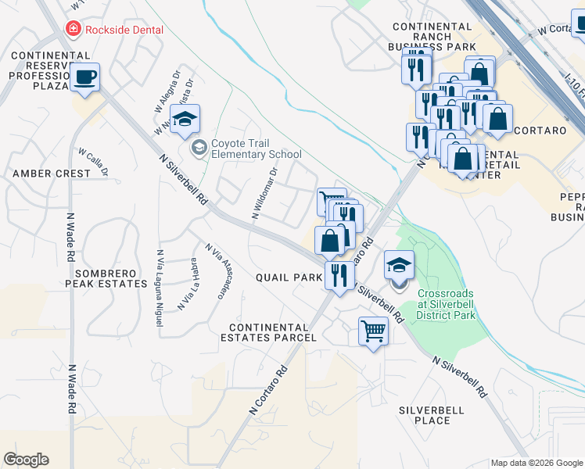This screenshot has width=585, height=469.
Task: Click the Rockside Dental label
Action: [124, 30]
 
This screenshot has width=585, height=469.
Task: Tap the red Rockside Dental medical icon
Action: [73, 29]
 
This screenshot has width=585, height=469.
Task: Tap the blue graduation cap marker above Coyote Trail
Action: [185, 120]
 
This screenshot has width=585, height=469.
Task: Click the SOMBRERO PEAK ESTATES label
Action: [112, 278]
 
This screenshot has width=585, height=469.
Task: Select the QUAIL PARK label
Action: [289, 277]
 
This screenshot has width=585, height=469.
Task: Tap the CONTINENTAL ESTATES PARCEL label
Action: [268, 332]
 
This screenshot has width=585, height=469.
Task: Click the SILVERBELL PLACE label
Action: [432, 415]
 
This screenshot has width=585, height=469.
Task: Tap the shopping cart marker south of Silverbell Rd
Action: [373, 332]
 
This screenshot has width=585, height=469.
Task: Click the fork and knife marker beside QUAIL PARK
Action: [339, 275]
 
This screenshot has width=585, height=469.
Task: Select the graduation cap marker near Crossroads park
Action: [399, 266]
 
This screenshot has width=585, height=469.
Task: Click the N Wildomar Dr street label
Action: [264, 193]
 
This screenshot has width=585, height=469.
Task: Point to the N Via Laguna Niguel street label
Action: [159, 277]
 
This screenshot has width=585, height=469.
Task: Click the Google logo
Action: [26, 460]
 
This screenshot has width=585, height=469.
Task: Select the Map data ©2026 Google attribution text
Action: [536, 463]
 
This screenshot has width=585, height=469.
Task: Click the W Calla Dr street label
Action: [92, 161]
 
